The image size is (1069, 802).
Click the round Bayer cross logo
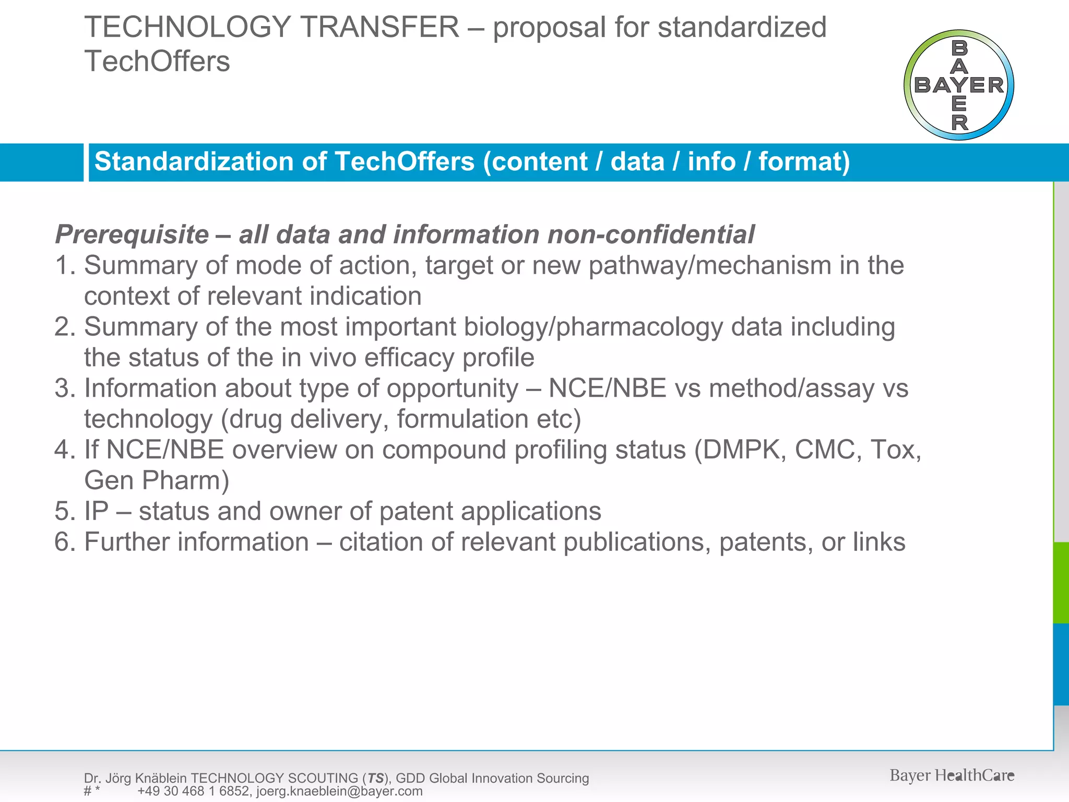pos(959,85)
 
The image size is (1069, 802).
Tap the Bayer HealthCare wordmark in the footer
pos(952,775)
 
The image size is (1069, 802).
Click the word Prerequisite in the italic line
pos(132,234)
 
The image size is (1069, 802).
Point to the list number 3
pos(65,388)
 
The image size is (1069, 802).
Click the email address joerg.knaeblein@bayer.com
pos(339,791)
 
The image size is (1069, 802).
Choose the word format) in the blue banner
pos(804,161)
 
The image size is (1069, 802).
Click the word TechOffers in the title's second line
pos(157,61)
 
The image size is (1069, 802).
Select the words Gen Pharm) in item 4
pos(157,480)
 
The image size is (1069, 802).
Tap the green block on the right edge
pos(1061,583)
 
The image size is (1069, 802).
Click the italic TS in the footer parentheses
pos(375,779)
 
